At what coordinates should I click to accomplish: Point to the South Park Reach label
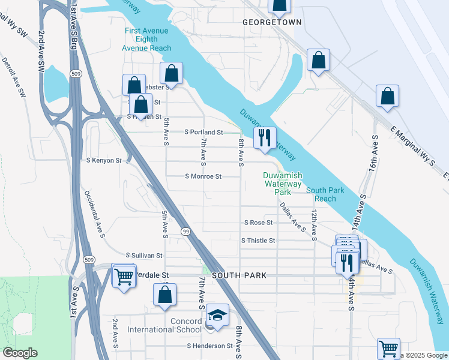pos(325,194)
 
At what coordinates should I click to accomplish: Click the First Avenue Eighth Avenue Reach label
pos(148,39)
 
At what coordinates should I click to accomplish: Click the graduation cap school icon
pos(217,315)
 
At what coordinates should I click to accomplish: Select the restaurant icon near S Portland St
pos(264,138)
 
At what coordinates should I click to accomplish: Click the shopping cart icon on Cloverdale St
pos(124,277)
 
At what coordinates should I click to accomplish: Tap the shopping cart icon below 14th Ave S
pos(389,349)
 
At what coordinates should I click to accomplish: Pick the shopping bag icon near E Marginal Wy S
pos(388,96)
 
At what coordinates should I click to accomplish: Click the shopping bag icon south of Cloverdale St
pos(164,295)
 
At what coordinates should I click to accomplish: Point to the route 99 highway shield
pos(185,232)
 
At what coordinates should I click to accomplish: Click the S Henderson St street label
pos(209,346)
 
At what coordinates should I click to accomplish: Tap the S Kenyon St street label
pos(104,161)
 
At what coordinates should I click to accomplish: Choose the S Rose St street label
pos(258,223)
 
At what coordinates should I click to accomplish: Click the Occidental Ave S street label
pos(94,213)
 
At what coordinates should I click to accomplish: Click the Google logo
pos(20,353)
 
